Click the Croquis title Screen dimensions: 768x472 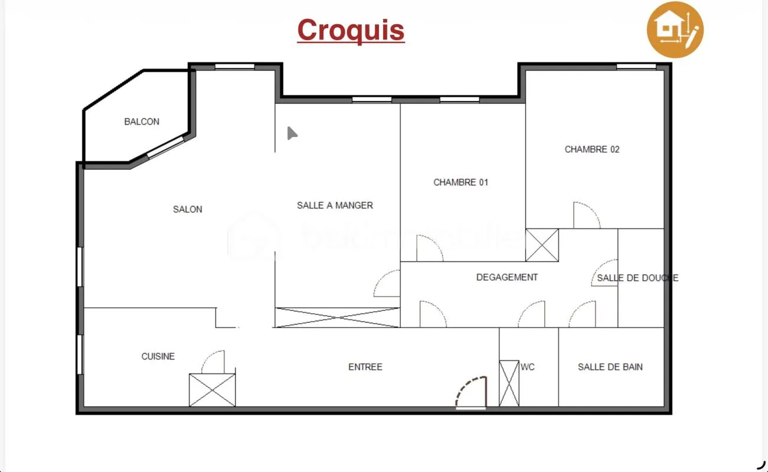pyautogui.click(x=351, y=30)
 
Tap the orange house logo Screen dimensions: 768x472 pyautogui.click(x=675, y=29)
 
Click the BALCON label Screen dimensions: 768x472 pyautogui.click(x=142, y=122)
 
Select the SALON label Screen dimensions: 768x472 pyautogui.click(x=188, y=209)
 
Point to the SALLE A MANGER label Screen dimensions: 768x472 pyautogui.click(x=335, y=205)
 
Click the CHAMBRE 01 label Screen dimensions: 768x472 pyautogui.click(x=461, y=182)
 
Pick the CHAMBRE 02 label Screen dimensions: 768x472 pyautogui.click(x=592, y=149)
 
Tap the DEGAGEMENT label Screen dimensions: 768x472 pyautogui.click(x=507, y=277)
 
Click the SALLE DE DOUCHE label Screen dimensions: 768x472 pyautogui.click(x=638, y=278)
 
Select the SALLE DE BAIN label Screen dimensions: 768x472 pyautogui.click(x=610, y=367)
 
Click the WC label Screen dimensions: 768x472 pyautogui.click(x=528, y=367)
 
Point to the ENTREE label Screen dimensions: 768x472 pyautogui.click(x=365, y=367)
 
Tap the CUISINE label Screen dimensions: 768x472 pyautogui.click(x=158, y=356)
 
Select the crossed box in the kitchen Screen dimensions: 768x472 pyautogui.click(x=213, y=390)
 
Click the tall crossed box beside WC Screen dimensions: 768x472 pyautogui.click(x=509, y=383)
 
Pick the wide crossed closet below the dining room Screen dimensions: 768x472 pyautogui.click(x=338, y=318)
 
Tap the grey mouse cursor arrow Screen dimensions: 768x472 pyautogui.click(x=292, y=133)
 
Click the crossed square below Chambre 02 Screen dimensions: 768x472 pyautogui.click(x=542, y=245)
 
